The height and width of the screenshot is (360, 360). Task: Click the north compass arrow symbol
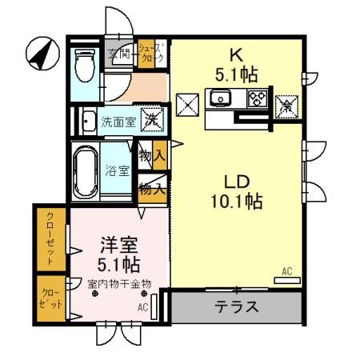41,54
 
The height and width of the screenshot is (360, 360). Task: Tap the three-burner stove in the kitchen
258,99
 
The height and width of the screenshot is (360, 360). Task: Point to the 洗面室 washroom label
118,122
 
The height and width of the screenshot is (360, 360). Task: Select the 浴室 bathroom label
117,170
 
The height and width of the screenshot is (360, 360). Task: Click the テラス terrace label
237,306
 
